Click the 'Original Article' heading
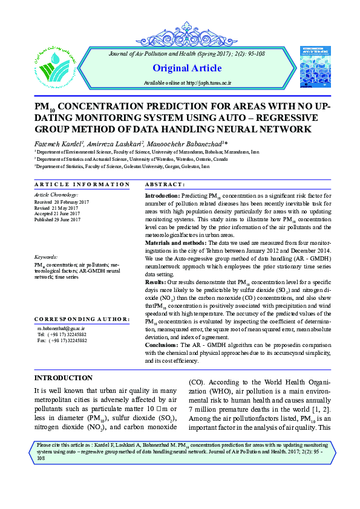click(x=188, y=68)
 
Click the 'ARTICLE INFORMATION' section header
click(x=82, y=184)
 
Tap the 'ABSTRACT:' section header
click(x=166, y=184)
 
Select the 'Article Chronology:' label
click(x=56, y=195)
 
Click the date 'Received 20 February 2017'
click(x=62, y=202)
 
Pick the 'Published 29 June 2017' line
click(x=57, y=220)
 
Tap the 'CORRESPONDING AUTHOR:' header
click(x=82, y=318)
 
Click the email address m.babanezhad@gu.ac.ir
click(x=62, y=328)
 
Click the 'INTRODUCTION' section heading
click(x=64, y=377)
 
